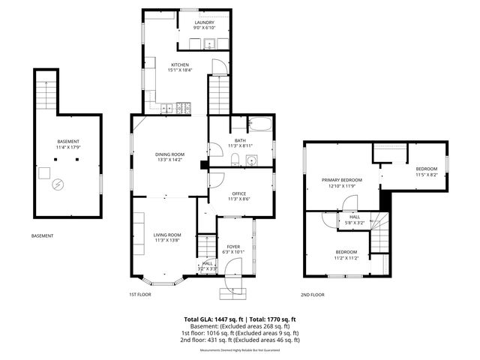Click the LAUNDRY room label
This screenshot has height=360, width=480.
coord(204,22)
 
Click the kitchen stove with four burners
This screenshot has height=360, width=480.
coord(184,109)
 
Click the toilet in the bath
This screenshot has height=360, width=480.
coord(235,158)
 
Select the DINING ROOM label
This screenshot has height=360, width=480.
coord(169,154)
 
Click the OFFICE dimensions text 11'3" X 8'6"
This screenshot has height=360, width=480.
coord(239,199)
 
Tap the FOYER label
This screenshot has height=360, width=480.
coord(234,246)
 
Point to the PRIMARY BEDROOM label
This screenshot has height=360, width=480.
coord(342,180)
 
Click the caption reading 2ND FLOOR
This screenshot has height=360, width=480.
coord(313,295)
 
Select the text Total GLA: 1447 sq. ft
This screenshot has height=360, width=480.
coord(214,319)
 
